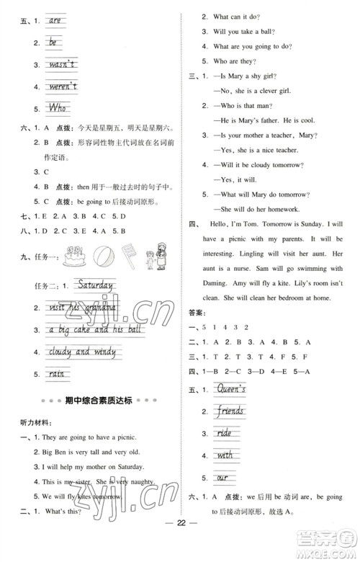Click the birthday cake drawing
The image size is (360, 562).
pos(73,257)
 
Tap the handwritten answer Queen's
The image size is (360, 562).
pos(232,390)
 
